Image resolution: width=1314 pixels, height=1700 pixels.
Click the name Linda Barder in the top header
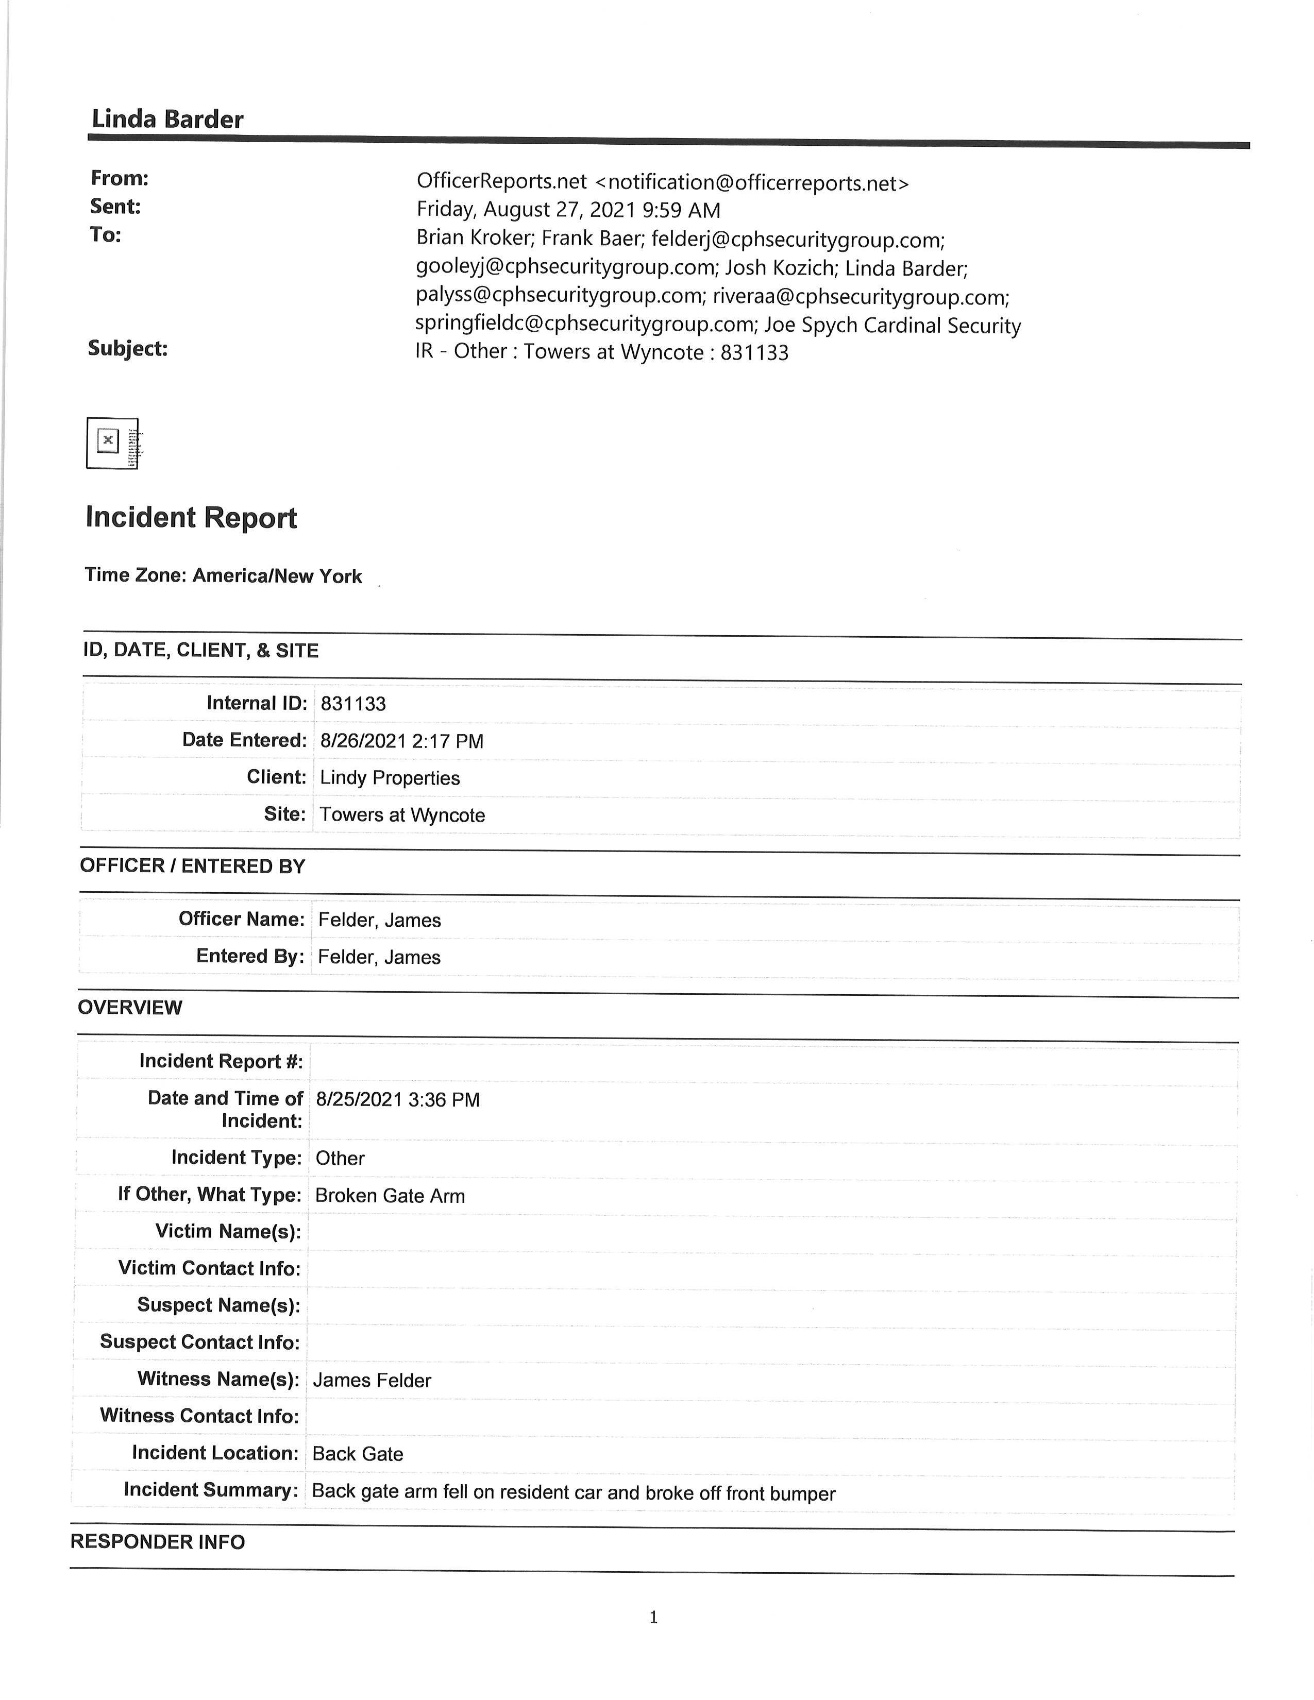click(x=167, y=119)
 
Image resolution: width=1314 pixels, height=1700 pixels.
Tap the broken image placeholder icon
click(x=113, y=443)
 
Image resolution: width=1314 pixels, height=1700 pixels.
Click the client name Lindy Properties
click(x=389, y=778)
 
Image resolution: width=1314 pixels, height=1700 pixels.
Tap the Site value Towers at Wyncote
click(x=402, y=815)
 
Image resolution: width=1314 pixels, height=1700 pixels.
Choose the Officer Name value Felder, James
click(x=379, y=920)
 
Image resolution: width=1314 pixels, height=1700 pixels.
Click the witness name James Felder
click(x=372, y=1380)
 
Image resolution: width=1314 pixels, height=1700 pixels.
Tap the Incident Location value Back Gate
click(x=357, y=1454)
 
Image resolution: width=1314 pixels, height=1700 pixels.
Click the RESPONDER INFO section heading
click(x=157, y=1542)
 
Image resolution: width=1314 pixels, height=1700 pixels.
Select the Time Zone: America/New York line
click(x=224, y=576)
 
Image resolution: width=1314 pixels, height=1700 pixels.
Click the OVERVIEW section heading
click(x=130, y=1007)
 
